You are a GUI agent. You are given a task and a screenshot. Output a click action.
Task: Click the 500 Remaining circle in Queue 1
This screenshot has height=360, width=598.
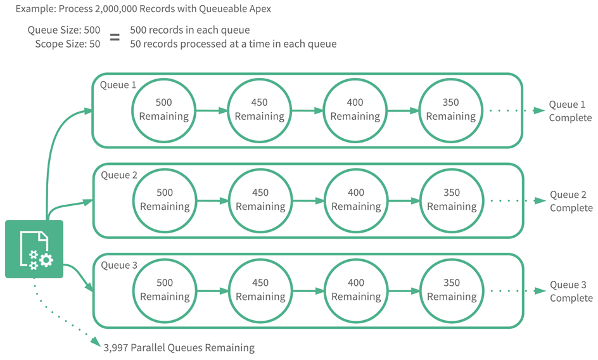click(x=164, y=110)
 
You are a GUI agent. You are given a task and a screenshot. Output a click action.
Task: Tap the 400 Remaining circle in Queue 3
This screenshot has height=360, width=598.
click(x=356, y=290)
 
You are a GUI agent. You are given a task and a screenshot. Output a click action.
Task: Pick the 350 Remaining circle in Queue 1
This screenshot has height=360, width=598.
click(x=451, y=110)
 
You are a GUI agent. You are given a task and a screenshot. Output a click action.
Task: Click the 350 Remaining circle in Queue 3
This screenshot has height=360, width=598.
click(x=452, y=290)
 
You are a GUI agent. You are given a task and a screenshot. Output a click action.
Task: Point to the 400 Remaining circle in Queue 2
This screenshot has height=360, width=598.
click(x=356, y=200)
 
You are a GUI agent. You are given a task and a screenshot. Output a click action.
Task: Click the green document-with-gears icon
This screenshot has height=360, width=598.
click(x=34, y=249)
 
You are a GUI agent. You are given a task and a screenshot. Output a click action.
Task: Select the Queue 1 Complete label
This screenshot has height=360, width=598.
click(x=569, y=112)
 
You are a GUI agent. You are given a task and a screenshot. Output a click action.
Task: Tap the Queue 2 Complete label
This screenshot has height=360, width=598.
click(x=570, y=202)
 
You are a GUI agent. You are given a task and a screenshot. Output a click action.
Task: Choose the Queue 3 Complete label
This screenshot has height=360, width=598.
click(x=570, y=292)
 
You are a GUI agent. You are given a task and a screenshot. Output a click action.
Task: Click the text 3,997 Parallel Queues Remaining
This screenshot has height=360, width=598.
click(x=179, y=347)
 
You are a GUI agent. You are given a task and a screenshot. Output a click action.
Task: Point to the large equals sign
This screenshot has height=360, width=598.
click(x=115, y=37)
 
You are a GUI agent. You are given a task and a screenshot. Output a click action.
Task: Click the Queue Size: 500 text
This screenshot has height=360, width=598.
click(x=63, y=30)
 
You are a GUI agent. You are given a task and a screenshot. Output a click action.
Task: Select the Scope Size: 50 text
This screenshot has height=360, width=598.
click(x=68, y=44)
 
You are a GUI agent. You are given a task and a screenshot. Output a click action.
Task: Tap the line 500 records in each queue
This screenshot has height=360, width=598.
click(x=189, y=30)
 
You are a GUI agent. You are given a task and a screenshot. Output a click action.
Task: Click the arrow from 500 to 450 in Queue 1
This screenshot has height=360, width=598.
click(x=211, y=110)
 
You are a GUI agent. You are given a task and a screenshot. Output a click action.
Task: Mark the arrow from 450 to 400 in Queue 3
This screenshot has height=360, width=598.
click(x=307, y=291)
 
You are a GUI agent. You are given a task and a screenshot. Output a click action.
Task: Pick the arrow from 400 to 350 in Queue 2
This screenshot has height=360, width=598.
click(x=403, y=200)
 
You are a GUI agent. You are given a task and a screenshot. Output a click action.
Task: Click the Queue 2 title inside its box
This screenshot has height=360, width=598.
click(x=119, y=175)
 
